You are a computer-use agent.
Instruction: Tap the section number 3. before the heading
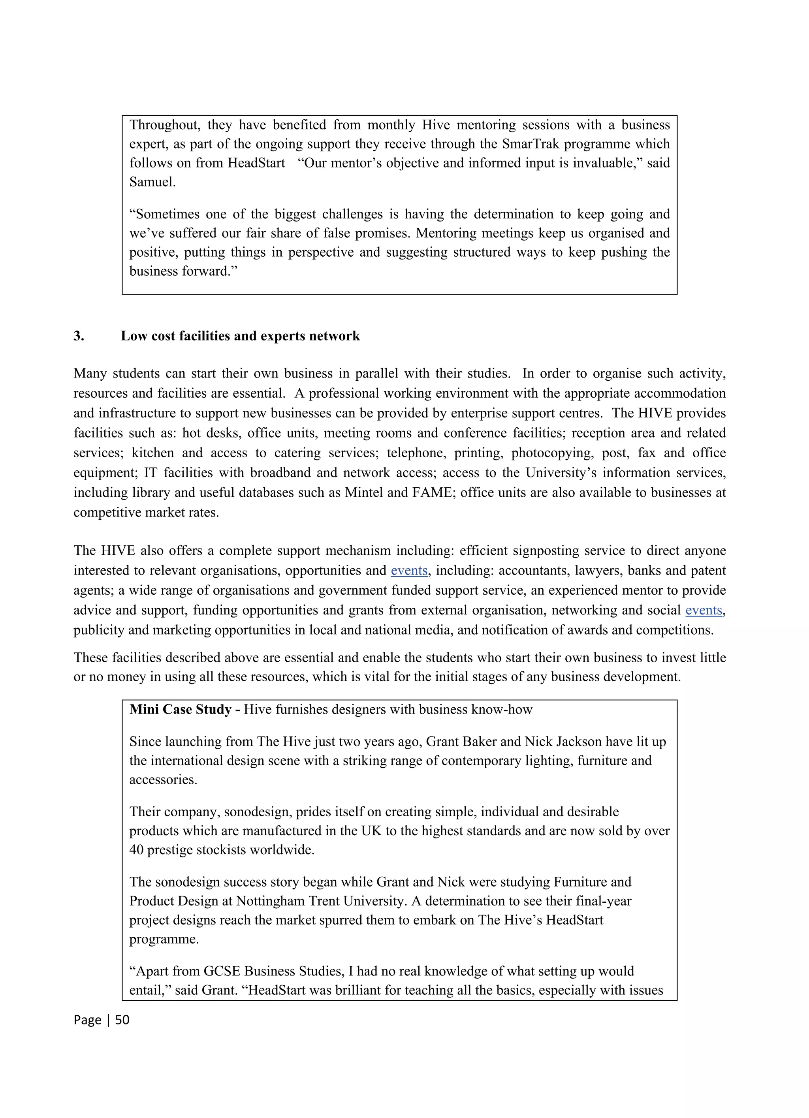[x=79, y=336]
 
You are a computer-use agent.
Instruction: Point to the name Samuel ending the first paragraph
[x=152, y=182]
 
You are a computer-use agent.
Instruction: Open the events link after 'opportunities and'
[x=409, y=570]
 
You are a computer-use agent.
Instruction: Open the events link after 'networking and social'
[x=704, y=610]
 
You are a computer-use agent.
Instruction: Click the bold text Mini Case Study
[x=181, y=709]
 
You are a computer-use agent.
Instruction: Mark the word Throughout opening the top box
[x=165, y=125]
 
